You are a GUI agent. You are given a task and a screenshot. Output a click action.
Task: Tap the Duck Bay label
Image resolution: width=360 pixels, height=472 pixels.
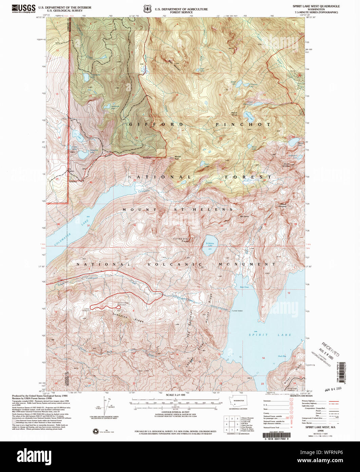pos(282,356)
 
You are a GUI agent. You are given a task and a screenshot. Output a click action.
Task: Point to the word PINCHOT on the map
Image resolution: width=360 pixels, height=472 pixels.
pos(243,125)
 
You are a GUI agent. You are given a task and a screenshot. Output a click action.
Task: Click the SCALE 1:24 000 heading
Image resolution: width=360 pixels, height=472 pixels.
pos(175,395)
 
